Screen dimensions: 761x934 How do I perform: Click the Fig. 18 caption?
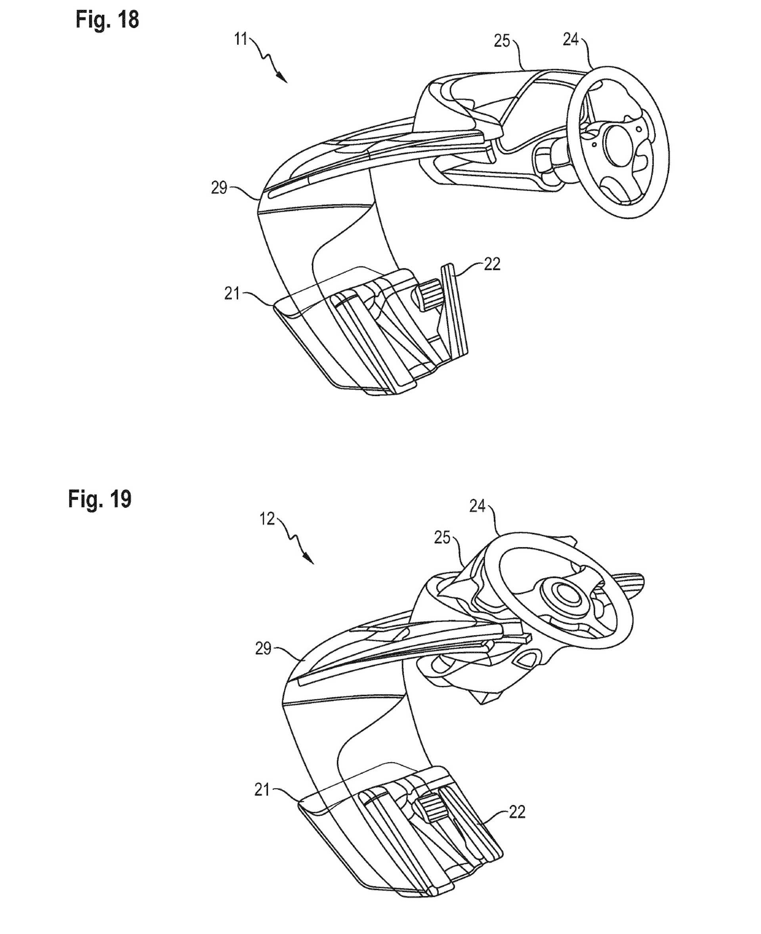107,20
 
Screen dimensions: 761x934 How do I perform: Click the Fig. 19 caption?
100,499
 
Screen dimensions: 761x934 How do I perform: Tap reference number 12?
267,519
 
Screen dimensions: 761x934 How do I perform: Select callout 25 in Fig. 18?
502,41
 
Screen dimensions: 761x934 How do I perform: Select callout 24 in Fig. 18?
571,40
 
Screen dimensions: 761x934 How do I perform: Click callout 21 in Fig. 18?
232,293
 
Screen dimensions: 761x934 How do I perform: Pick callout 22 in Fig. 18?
492,264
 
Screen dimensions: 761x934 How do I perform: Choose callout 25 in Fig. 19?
442,537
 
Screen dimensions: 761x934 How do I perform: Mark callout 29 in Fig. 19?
264,648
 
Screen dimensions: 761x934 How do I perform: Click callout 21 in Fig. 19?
262,790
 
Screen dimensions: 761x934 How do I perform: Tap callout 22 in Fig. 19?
517,812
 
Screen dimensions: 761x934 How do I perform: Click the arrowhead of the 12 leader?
310,559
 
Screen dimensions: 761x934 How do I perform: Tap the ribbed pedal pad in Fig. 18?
427,296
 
